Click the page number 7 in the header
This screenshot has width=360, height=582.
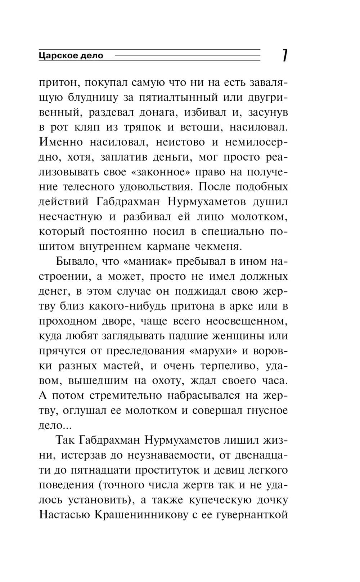tap(284, 55)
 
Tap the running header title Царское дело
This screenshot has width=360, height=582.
tap(71, 56)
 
